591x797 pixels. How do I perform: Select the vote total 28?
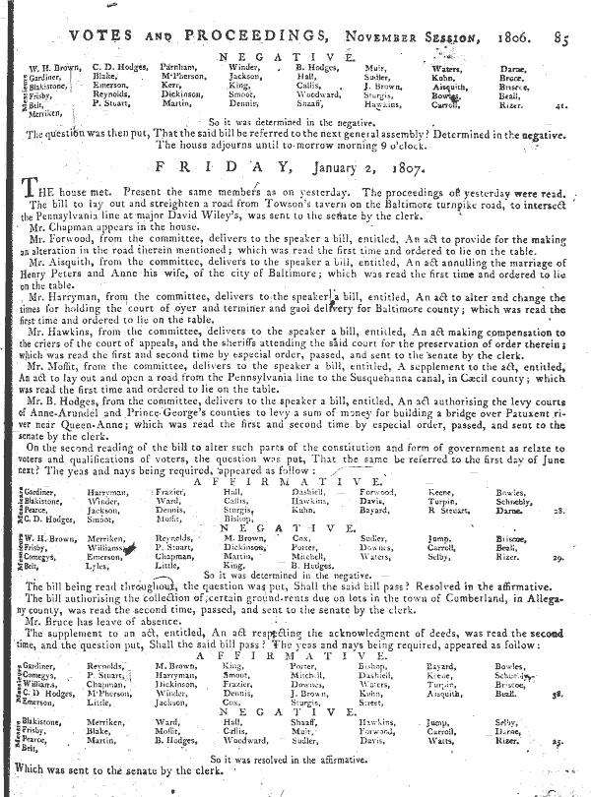(557, 484)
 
